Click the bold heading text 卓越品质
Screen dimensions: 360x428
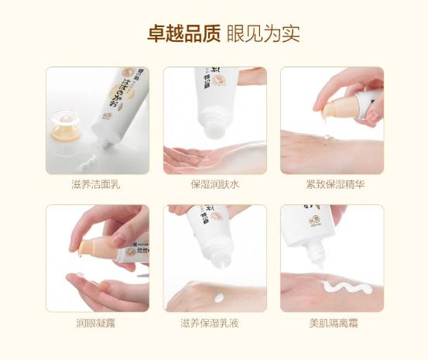tap(183, 35)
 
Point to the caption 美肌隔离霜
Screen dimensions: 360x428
tap(331, 323)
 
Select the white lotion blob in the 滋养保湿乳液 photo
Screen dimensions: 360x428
tap(211, 295)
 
